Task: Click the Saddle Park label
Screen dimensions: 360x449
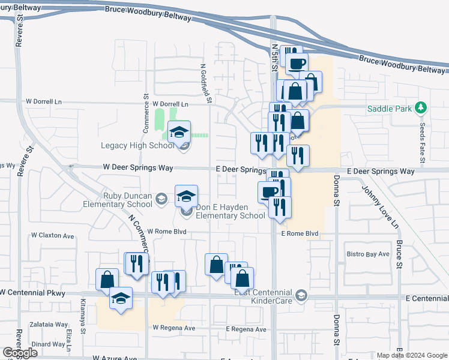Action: coord(390,109)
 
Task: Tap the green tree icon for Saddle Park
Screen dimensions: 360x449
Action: coord(421,108)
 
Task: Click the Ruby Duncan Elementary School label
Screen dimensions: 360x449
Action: coord(119,200)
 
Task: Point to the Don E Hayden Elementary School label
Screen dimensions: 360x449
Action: coord(231,211)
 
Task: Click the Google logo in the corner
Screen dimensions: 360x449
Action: coord(20,353)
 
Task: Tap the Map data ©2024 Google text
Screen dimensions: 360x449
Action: coord(411,355)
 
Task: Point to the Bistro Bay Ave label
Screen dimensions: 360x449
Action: coord(368,254)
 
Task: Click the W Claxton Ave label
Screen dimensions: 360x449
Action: coord(53,236)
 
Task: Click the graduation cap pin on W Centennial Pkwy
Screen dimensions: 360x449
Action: coord(121,298)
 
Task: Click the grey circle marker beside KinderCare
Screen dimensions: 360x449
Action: coord(301,295)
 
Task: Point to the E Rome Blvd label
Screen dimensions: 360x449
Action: coord(299,233)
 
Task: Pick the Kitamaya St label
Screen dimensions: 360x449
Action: coord(83,313)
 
